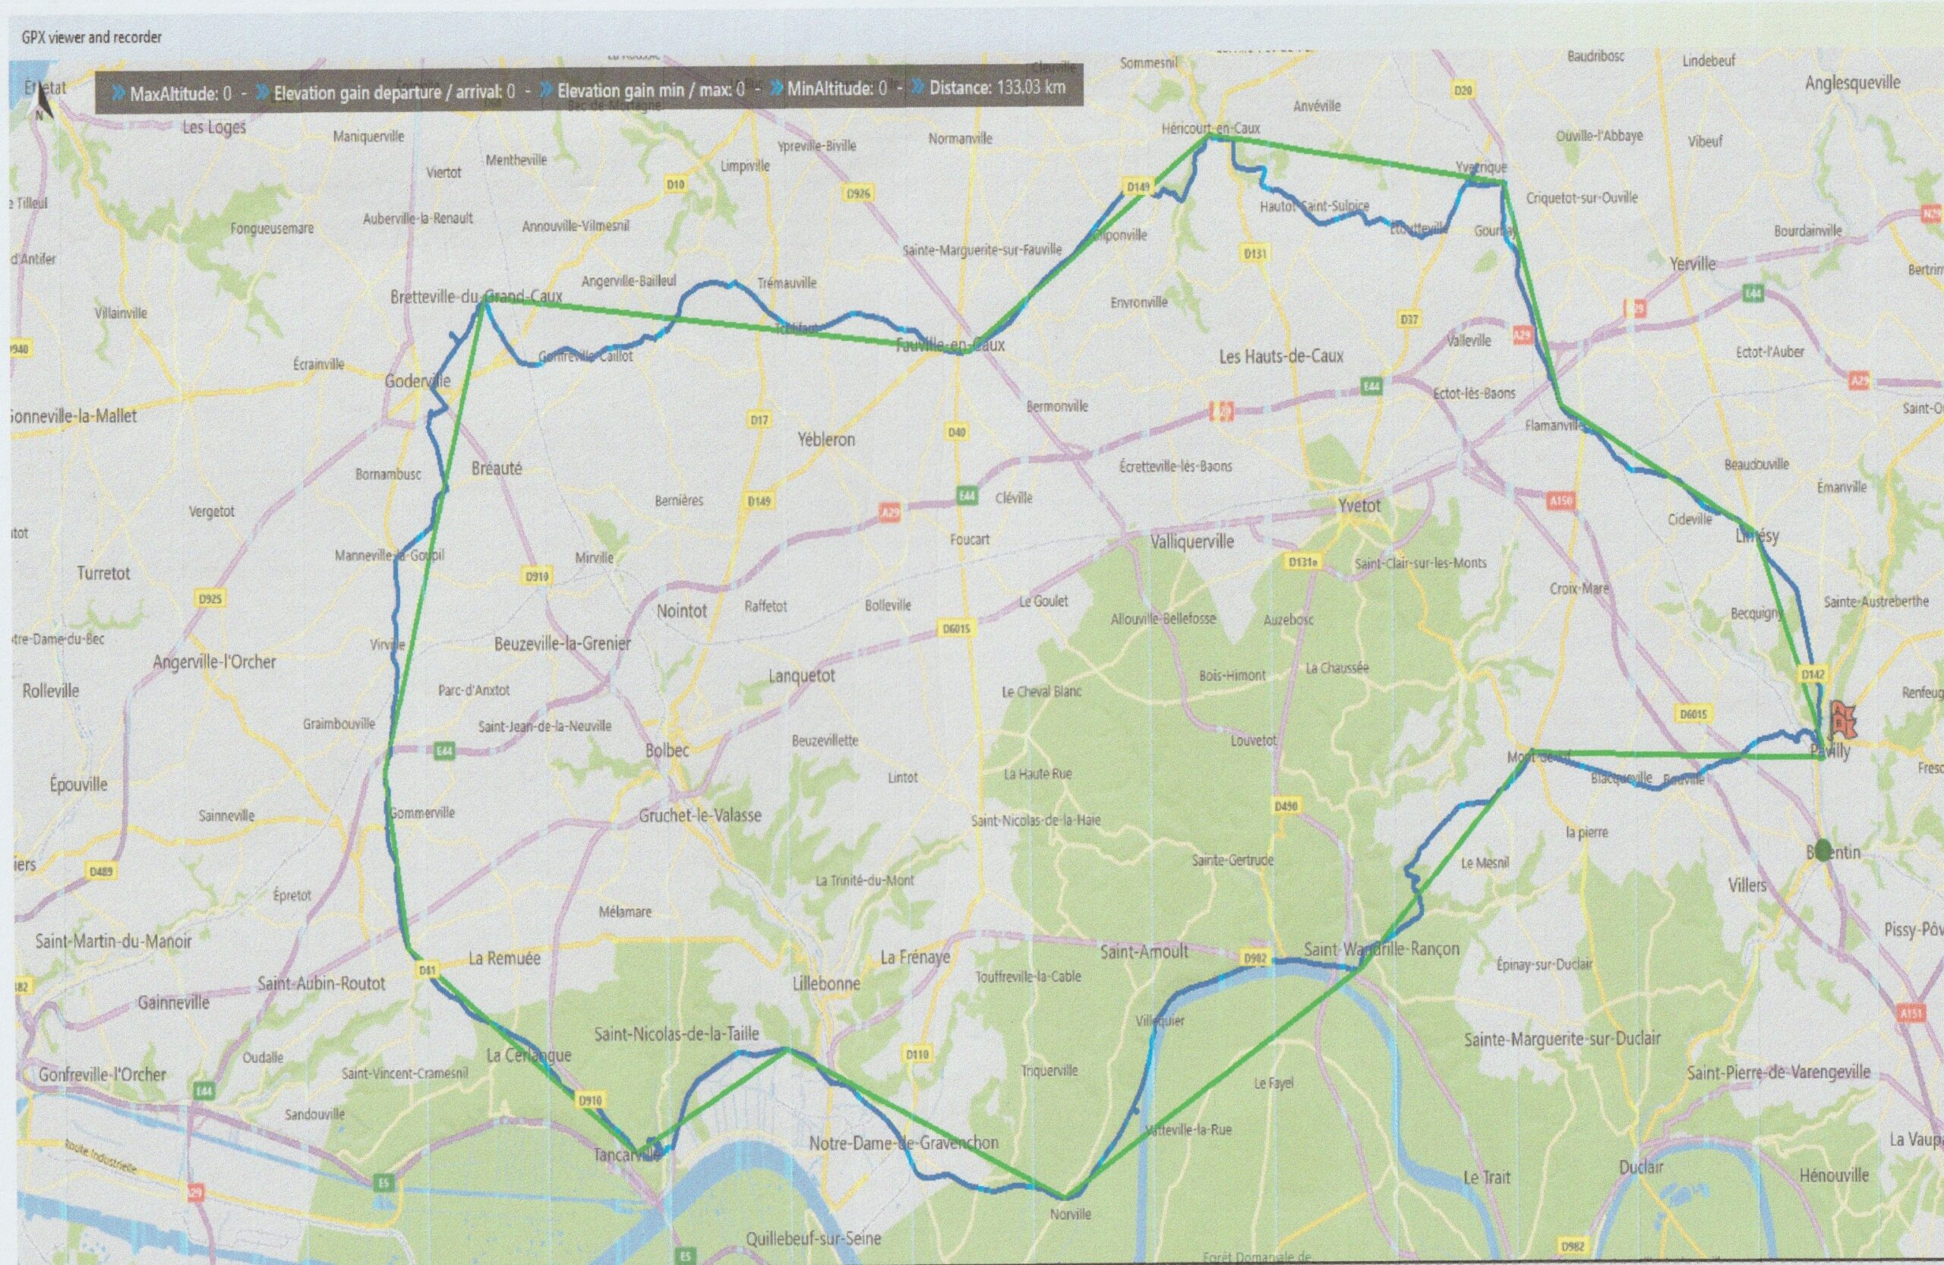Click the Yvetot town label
pos(1359,506)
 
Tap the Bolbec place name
pos(667,750)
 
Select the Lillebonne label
pos(825,984)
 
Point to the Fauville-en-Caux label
pos(950,345)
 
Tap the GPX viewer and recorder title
pos(91,36)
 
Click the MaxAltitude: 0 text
pos(180,94)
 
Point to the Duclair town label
pos(1641,1167)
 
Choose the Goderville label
pos(418,380)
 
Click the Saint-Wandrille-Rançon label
pos(1381,949)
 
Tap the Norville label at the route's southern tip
pos(1070,1214)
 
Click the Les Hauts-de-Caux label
pos(1281,356)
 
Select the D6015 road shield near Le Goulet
pos(957,628)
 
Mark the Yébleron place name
pos(825,440)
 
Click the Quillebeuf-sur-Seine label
pos(813,1239)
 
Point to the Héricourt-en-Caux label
pos(1210,128)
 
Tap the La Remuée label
pos(504,958)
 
